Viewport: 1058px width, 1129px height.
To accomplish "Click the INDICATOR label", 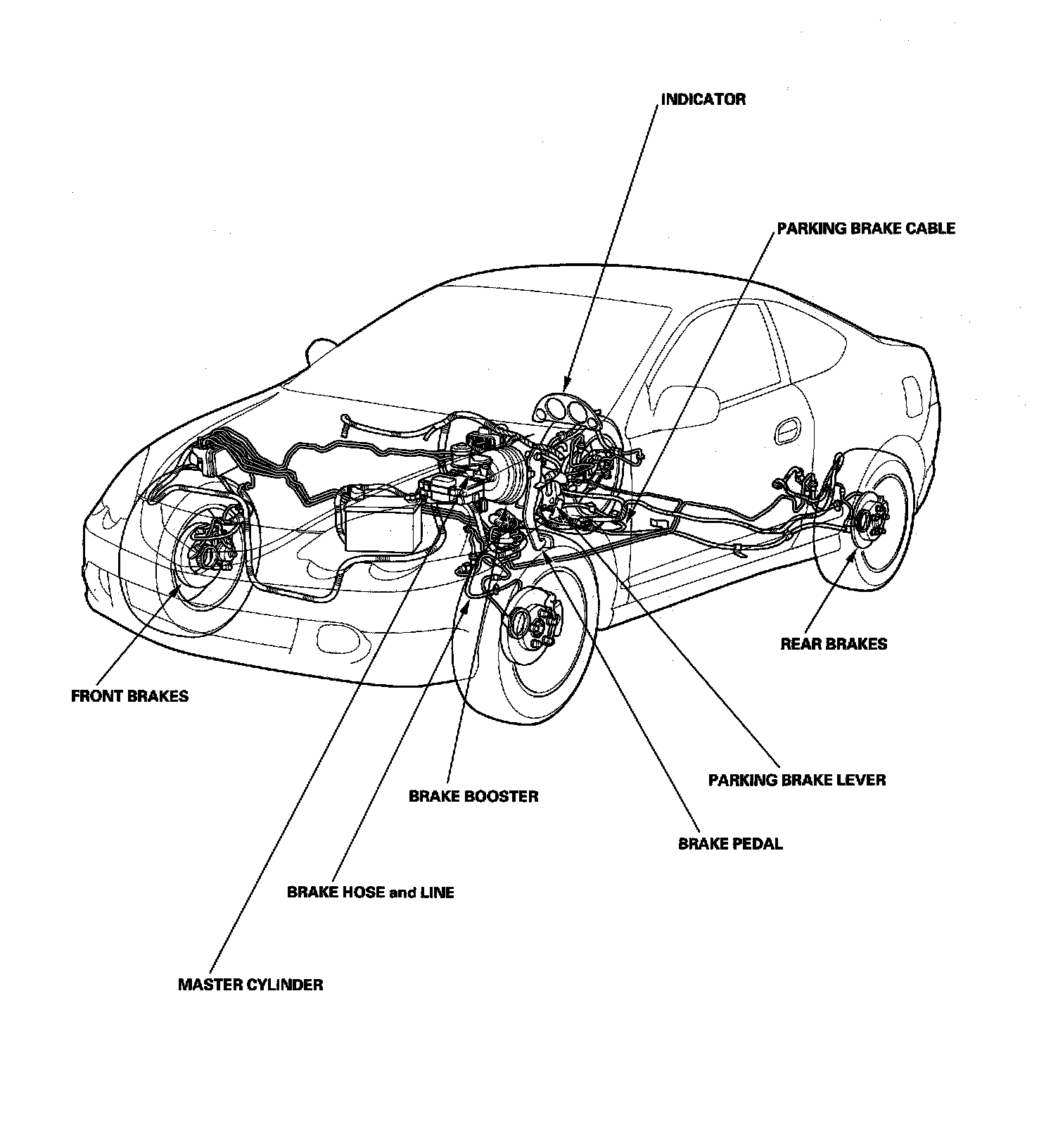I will click(x=703, y=99).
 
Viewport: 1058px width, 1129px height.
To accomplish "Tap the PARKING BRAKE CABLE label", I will click(x=865, y=228).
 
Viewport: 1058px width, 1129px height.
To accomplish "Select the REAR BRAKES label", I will click(x=834, y=643).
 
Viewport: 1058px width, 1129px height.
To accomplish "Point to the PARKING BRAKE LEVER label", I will click(x=796, y=780).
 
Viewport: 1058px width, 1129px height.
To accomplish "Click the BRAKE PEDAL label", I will click(x=730, y=843).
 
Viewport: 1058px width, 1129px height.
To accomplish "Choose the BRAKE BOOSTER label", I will click(x=473, y=796).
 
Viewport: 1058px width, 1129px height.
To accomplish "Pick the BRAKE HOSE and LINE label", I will click(x=370, y=892).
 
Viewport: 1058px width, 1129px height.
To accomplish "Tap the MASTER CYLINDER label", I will click(x=250, y=984).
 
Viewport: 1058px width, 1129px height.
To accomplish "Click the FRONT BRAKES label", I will click(x=130, y=696).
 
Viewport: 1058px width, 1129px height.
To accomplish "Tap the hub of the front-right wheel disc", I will click(x=523, y=621).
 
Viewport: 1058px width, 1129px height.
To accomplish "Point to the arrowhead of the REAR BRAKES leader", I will click(x=853, y=555).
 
